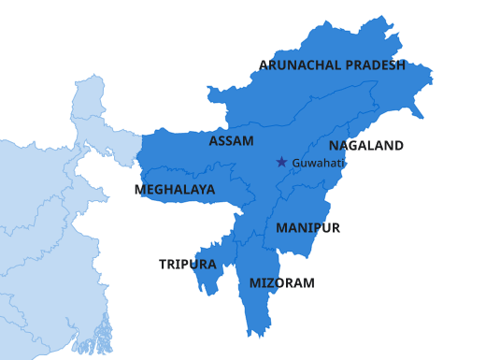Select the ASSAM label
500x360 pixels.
pyautogui.click(x=231, y=140)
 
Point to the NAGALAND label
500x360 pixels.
pyautogui.click(x=365, y=146)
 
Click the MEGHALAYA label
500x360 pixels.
pyautogui.click(x=175, y=189)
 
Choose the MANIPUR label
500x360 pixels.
pyautogui.click(x=307, y=227)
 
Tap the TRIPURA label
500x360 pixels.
pyautogui.click(x=188, y=265)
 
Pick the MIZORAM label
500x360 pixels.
pyautogui.click(x=281, y=282)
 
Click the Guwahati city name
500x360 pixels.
pyautogui.click(x=319, y=163)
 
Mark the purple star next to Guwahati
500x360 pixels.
pyautogui.click(x=281, y=162)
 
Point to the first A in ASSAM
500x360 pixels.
pyautogui.click(x=214, y=140)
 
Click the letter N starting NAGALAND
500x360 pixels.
pyautogui.click(x=334, y=146)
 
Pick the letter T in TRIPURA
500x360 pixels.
pyautogui.click(x=163, y=265)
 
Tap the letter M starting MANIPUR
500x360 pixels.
pyautogui.click(x=281, y=227)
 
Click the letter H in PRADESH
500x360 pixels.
pyautogui.click(x=400, y=65)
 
